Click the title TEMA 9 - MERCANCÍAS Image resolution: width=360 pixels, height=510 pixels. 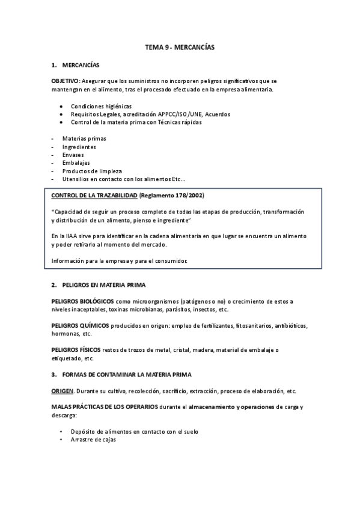(x=180, y=46)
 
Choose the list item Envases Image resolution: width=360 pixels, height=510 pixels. (x=73, y=155)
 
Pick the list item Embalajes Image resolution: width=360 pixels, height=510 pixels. (x=76, y=162)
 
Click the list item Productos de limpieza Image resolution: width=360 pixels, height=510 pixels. (x=88, y=171)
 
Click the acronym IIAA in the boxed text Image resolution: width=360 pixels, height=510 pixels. (x=70, y=236)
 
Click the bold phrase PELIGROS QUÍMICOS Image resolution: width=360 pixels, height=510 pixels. (x=80, y=325)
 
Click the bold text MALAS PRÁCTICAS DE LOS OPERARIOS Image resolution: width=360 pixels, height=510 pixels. (x=105, y=407)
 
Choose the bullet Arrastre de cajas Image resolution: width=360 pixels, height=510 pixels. (x=93, y=440)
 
